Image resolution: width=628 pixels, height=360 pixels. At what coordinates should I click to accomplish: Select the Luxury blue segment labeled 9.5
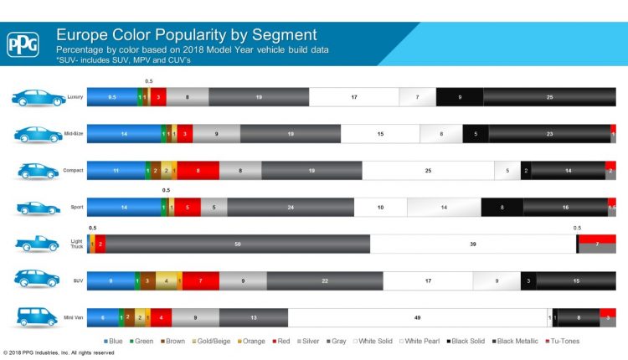[x=111, y=97]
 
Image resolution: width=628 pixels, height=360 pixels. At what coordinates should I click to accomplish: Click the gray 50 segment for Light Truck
[x=238, y=244]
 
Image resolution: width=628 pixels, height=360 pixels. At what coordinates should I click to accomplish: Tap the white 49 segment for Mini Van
[x=417, y=317]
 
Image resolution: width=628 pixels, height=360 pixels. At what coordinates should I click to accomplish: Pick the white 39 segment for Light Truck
[x=473, y=244]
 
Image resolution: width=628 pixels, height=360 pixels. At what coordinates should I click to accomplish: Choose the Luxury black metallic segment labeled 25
[x=549, y=97]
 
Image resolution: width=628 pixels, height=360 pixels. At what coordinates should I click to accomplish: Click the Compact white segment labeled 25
[x=428, y=171]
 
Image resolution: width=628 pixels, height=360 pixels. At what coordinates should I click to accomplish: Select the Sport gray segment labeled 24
[x=291, y=207]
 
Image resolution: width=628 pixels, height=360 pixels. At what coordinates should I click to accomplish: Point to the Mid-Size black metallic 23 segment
[x=549, y=134]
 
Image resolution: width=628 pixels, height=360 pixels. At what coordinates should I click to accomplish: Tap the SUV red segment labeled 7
[x=201, y=280]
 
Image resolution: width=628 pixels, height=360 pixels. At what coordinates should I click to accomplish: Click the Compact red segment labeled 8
[x=198, y=171]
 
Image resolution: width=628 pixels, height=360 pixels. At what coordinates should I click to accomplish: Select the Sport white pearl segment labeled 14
[x=444, y=207]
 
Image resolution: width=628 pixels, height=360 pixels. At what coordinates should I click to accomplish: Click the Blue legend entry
[x=114, y=342]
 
